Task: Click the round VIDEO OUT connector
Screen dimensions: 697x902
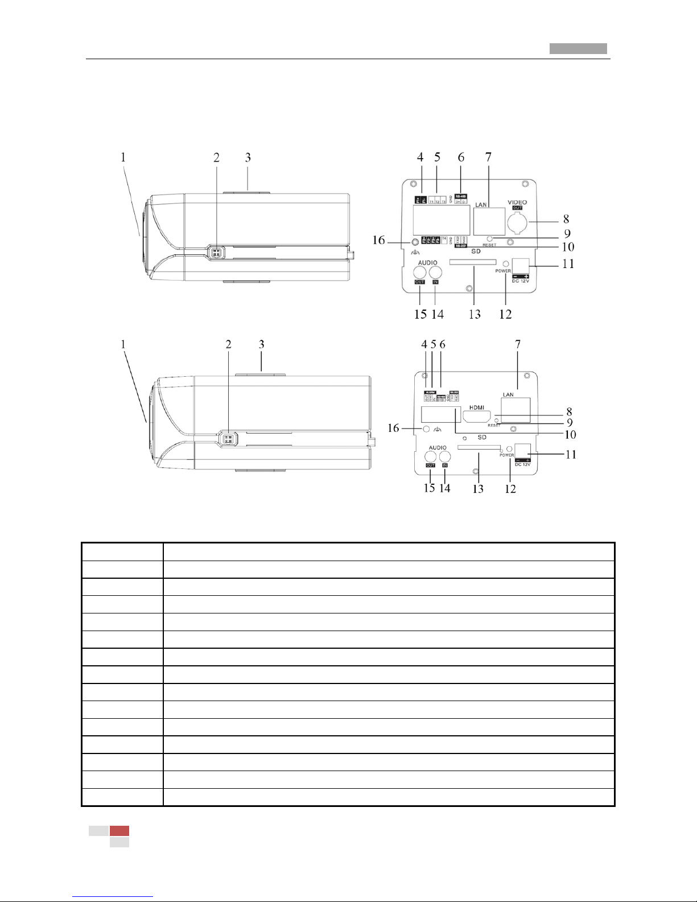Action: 518,223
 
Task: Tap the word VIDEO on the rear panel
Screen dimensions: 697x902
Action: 517,202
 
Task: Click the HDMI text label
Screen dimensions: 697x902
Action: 476,407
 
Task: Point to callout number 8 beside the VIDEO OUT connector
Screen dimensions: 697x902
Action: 566,219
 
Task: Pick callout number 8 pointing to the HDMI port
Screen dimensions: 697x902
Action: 569,411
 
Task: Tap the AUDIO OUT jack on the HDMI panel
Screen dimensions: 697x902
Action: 431,455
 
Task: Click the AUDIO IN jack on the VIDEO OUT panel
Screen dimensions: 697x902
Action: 435,271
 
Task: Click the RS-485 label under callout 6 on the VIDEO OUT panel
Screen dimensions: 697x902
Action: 461,196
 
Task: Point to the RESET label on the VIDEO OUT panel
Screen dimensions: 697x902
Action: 489,245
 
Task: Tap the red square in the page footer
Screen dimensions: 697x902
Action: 119,831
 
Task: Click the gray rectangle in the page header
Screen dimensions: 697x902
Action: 578,49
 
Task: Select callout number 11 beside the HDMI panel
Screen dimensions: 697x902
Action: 571,454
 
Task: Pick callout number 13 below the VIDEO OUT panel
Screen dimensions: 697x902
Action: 475,314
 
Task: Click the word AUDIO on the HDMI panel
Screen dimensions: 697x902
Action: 438,448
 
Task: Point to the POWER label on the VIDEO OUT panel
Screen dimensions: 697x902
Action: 503,271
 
